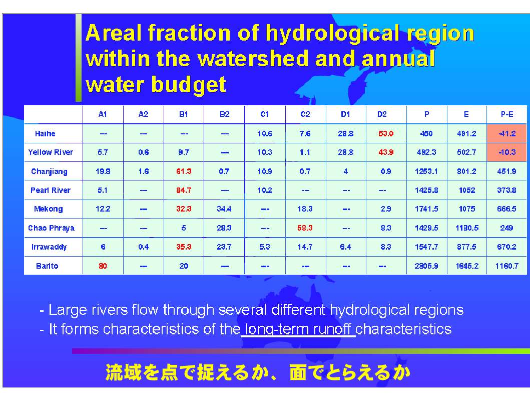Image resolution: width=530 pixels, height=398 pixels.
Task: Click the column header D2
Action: pos(382,114)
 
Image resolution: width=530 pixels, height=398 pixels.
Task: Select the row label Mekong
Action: pos(49,209)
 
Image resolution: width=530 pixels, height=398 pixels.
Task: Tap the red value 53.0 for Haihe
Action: pos(386,134)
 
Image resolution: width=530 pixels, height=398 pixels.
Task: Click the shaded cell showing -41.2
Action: pos(506,133)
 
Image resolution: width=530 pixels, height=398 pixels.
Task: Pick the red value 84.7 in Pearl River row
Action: pos(184,190)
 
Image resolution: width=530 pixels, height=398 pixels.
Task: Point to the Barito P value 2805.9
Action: pos(426,266)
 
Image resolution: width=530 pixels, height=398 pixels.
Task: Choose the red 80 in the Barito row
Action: pos(103,266)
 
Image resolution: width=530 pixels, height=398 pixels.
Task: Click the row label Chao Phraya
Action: pos(52,228)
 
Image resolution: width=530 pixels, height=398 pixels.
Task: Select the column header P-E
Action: pos(506,114)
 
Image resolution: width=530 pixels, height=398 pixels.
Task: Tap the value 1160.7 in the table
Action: pos(506,266)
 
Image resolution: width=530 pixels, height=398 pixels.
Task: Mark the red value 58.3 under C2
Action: pos(305,228)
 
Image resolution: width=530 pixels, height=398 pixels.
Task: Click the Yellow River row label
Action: pos(51,152)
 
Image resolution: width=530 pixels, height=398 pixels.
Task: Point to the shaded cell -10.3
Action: pos(506,152)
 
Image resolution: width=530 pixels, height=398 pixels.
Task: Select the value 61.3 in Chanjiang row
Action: pos(184,171)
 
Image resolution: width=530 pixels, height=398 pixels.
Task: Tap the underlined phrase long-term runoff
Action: pos(298,329)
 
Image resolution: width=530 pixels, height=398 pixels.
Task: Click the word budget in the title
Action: pos(188,85)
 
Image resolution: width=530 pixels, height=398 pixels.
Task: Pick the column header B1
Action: pos(184,114)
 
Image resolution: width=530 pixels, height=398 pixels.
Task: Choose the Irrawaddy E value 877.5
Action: pos(466,247)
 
